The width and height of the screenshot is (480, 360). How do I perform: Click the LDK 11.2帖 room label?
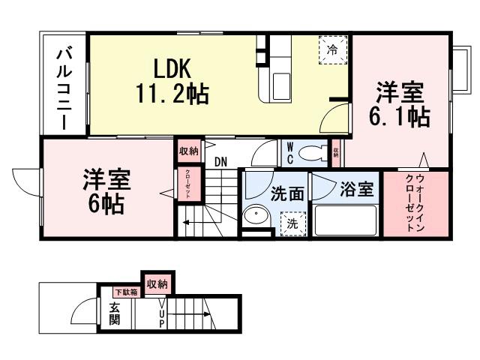coord(172,81)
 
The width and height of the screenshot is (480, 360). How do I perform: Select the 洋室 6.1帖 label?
coord(400,104)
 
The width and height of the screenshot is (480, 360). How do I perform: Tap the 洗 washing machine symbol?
coord(292,223)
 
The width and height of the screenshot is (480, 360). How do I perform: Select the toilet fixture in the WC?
coord(311,154)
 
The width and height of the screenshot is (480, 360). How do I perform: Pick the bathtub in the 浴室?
coord(344,220)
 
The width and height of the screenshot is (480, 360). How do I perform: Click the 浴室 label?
coord(356,190)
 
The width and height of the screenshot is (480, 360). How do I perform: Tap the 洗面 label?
coord(287,193)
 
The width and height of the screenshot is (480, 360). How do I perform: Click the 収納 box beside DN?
coord(188,151)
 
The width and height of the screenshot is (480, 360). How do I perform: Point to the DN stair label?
coord(220,161)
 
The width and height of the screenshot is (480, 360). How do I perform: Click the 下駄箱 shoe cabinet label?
coord(124,292)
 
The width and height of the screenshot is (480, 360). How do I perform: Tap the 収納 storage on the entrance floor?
coord(157,283)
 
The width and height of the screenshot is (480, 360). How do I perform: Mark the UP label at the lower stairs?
coord(161,314)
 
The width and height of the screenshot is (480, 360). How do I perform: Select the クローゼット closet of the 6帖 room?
coord(188,184)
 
